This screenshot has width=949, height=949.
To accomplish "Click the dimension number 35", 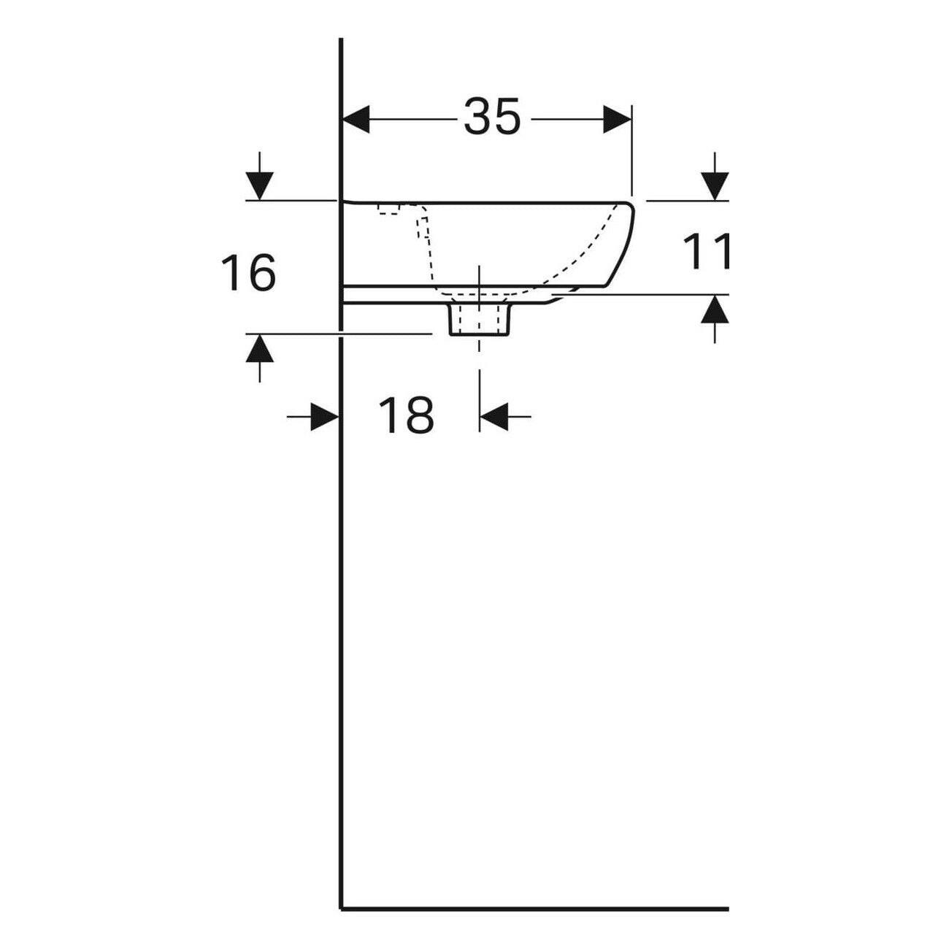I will pos(492,118).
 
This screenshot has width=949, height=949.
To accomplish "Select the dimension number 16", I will pos(249,272).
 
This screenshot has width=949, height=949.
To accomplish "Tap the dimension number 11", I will pos(707,252).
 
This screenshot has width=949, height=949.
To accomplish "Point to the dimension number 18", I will pos(406,416).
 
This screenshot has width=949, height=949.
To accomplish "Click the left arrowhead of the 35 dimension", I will pos(356,118).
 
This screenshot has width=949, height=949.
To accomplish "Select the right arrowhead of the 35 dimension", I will pos(618,118).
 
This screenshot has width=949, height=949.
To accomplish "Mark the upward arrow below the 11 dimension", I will pos(714,311).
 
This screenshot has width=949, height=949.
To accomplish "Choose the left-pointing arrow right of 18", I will pos(494,417).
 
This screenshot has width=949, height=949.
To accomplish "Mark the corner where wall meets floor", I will pos(342,909).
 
